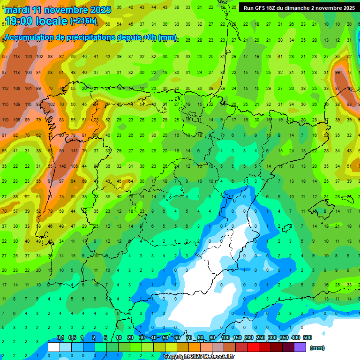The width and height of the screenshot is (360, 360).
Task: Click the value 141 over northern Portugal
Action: point(74,151)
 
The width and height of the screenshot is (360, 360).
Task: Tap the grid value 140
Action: point(62,166)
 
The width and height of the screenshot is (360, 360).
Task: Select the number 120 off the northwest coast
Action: point(28,57)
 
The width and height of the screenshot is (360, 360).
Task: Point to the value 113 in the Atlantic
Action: point(16,57)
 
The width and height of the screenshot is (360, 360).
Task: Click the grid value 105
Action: point(74,166)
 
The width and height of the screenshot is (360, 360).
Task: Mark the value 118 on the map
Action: point(16,73)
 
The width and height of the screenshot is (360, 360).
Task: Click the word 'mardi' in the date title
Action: point(18,10)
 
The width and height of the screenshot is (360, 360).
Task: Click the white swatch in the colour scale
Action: point(54,347)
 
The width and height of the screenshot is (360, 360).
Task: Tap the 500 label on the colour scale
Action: point(307,337)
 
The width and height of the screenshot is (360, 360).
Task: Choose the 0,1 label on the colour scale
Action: point(60,337)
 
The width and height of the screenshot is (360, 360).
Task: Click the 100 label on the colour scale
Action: point(225,337)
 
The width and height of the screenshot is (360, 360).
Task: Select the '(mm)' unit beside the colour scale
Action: point(317,348)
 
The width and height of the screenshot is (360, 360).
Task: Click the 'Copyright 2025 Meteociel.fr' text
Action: point(199,357)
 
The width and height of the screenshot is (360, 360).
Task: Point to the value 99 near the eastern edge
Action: point(337,73)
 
